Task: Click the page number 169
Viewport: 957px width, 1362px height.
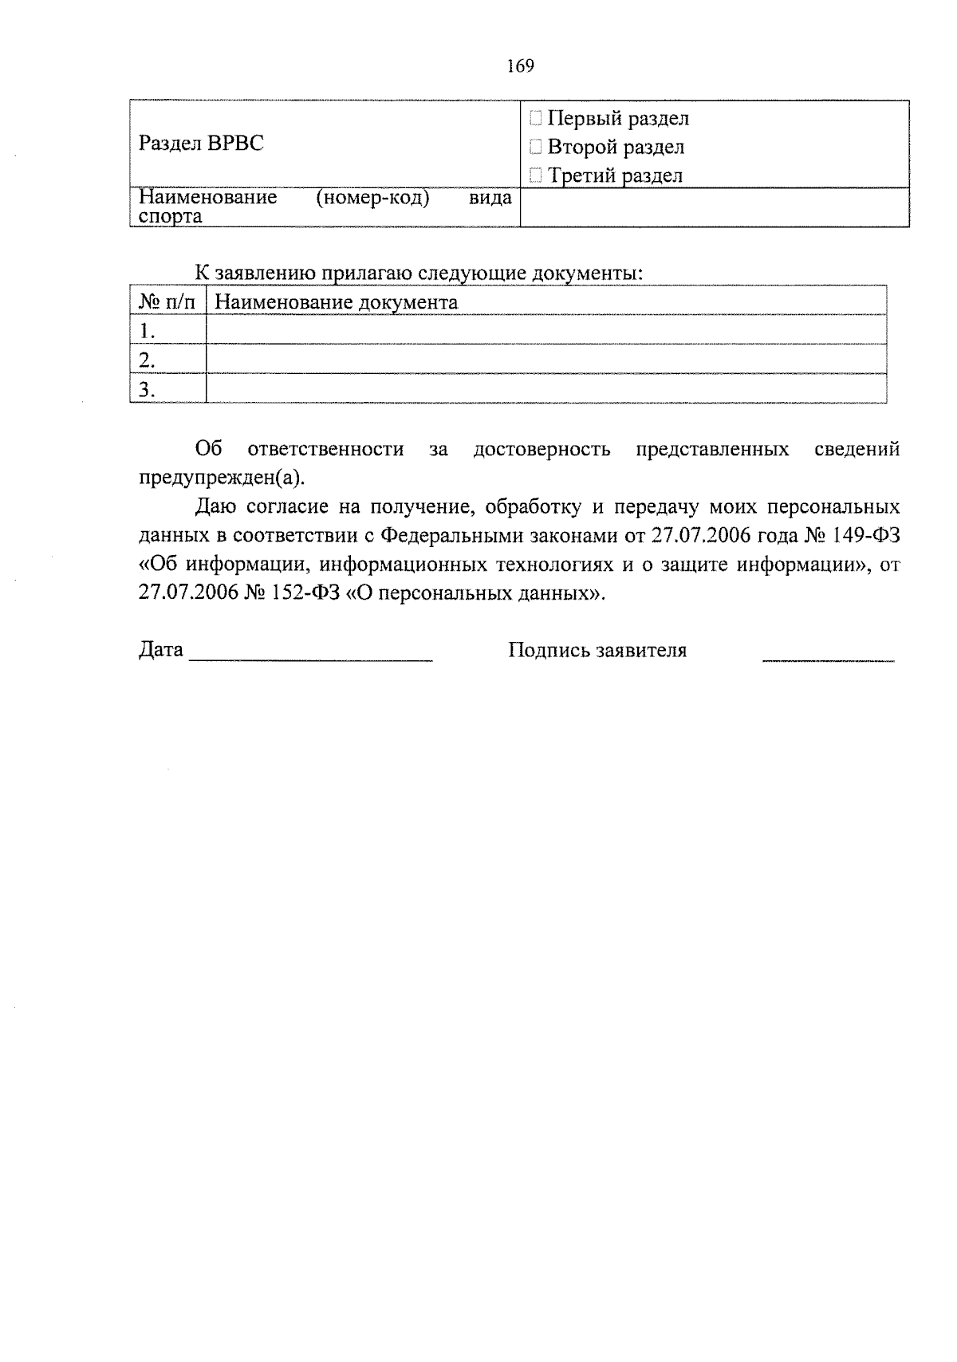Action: click(520, 66)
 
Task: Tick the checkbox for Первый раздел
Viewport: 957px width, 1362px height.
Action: click(536, 120)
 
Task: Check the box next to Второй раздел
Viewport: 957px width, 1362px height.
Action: click(536, 148)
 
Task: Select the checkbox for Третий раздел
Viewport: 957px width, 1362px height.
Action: click(536, 175)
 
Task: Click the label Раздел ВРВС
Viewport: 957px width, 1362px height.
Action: click(201, 144)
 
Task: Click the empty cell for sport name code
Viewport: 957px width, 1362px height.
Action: click(714, 207)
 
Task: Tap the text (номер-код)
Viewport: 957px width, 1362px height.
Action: click(372, 198)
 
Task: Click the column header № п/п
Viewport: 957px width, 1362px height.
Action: click(167, 302)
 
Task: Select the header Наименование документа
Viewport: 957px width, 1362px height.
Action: click(337, 302)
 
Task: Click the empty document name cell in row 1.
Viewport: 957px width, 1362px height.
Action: click(545, 330)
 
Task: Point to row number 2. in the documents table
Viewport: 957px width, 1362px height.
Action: click(147, 360)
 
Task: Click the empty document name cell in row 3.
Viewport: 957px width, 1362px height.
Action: click(545, 389)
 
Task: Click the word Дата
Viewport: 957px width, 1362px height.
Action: click(161, 650)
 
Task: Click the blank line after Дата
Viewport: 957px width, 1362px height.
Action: click(311, 655)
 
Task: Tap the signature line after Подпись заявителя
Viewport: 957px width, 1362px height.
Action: click(828, 655)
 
